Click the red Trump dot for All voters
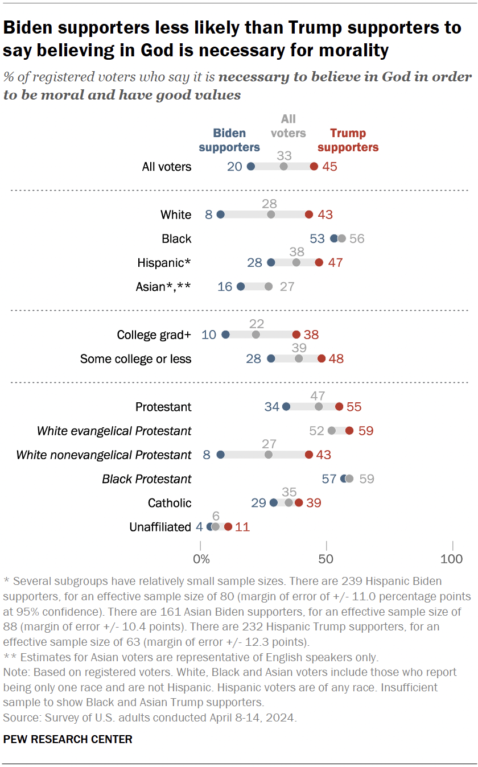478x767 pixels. point(314,167)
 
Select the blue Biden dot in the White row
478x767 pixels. point(221,215)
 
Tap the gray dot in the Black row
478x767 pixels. point(341,238)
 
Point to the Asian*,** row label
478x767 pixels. point(163,286)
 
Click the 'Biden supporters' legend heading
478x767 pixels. point(229,140)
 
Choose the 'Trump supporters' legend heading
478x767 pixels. point(348,140)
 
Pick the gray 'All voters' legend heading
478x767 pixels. point(289,126)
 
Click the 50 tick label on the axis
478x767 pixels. point(327,559)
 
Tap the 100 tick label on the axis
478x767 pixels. point(452,559)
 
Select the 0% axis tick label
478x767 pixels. point(201,559)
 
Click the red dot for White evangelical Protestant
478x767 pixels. point(349,431)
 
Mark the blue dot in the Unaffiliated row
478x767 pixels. point(210,526)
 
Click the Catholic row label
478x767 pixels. point(170,502)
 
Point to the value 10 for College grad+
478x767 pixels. point(209,335)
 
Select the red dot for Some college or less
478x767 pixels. point(322,358)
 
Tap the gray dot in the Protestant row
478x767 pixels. point(319,407)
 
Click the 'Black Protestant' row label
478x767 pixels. point(147,479)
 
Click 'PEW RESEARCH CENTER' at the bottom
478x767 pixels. point(68,739)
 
